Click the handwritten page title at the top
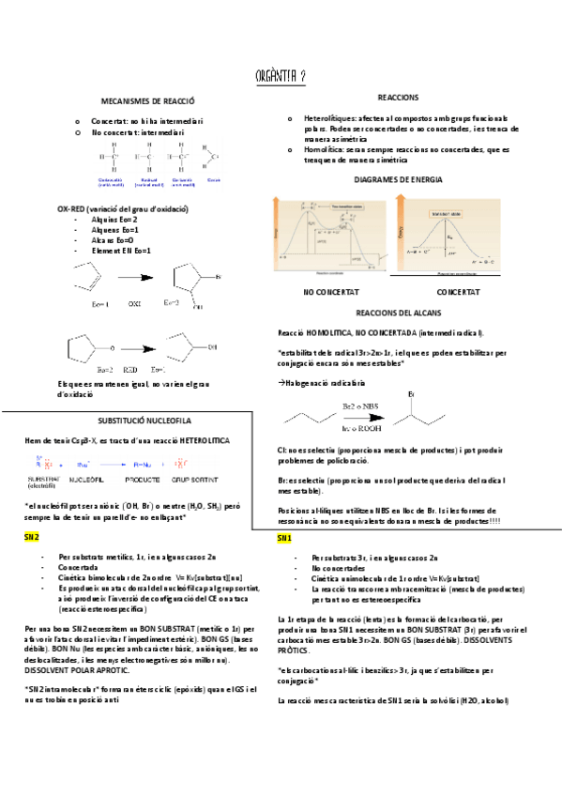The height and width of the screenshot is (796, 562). point(281,74)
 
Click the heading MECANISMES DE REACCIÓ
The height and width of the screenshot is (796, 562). point(146,99)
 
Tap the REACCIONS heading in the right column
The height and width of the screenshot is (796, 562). point(398,98)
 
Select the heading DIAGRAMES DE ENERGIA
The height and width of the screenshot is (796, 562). point(398,179)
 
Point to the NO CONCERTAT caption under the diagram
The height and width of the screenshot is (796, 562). point(324,293)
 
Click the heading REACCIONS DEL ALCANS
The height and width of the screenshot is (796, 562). point(398,312)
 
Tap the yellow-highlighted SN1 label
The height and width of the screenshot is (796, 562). point(284,539)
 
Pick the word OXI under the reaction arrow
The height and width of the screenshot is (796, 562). point(134,303)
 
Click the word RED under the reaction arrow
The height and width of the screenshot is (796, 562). point(130,370)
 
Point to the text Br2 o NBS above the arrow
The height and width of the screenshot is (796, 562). point(360,405)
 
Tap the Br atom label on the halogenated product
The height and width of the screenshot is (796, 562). point(410,393)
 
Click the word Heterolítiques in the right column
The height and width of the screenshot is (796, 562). point(330,119)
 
